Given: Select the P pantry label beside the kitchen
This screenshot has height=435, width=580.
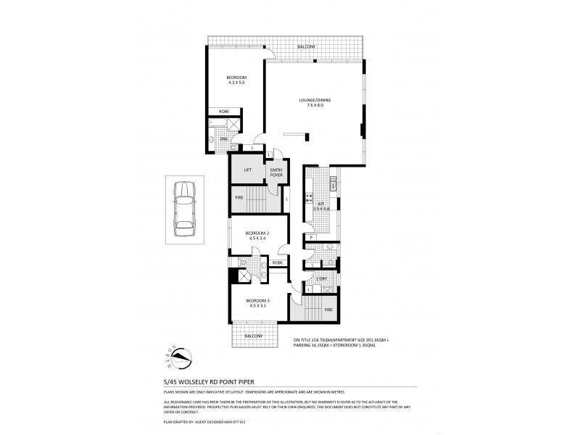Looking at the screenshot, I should coord(310,237).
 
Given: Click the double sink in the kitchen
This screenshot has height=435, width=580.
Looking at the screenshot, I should coord(333,184).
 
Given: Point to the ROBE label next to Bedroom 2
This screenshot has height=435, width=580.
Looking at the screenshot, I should coord(277,262).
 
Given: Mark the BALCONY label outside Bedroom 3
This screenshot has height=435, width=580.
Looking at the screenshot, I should coord(253,336).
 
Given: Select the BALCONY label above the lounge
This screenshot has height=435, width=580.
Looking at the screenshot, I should coord(306,47).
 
